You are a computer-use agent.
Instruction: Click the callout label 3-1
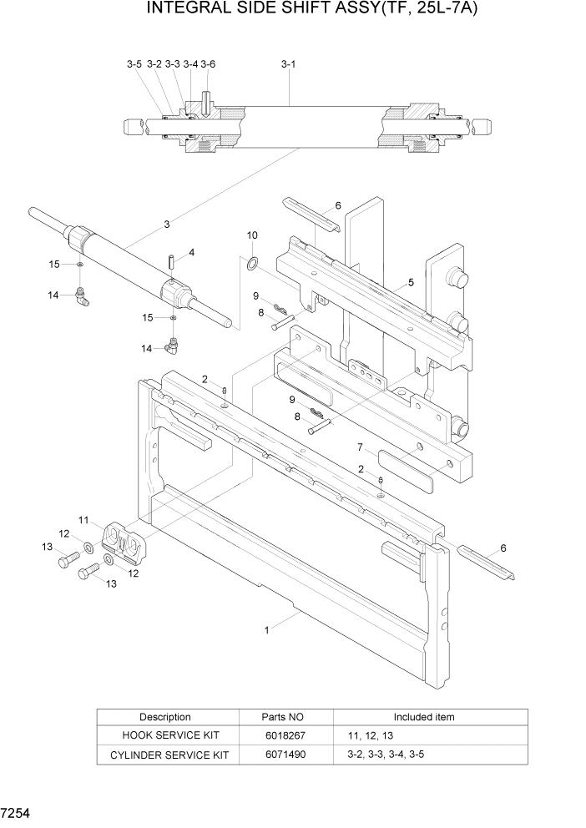pyautogui.click(x=288, y=63)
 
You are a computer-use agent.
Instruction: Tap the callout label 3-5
pyautogui.click(x=134, y=63)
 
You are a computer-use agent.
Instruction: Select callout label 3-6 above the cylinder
pyautogui.click(x=208, y=63)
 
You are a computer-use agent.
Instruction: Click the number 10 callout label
pyautogui.click(x=252, y=235)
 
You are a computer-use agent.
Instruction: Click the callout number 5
pyautogui.click(x=411, y=284)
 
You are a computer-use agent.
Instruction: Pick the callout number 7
pyautogui.click(x=360, y=447)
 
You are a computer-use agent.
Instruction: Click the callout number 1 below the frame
pyautogui.click(x=267, y=631)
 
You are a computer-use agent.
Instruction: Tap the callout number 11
pyautogui.click(x=83, y=520)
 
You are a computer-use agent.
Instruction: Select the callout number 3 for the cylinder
pyautogui.click(x=167, y=224)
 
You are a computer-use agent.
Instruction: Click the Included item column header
pyautogui.click(x=424, y=717)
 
